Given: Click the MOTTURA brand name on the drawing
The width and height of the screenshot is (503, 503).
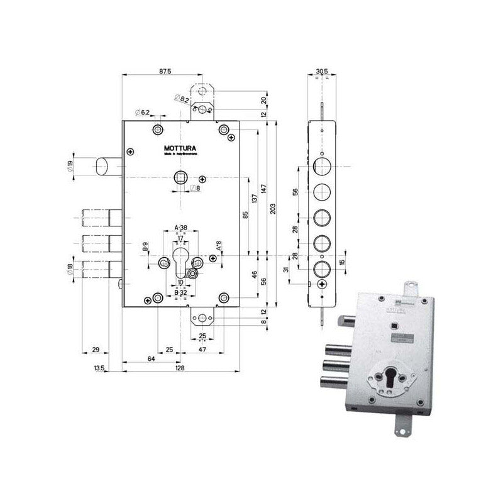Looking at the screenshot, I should coord(180,149).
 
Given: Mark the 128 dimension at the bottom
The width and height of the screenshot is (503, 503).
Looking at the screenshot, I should coord(180,368).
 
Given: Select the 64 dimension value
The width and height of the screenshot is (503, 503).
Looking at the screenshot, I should coord(151,358).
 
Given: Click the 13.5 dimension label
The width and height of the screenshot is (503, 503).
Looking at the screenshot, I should coord(99,368).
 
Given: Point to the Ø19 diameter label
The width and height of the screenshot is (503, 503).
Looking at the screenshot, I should coord(70,167).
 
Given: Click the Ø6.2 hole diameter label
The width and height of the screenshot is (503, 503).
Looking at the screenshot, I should coord(142,113).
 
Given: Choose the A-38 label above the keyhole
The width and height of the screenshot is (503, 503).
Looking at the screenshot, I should coord(180,228).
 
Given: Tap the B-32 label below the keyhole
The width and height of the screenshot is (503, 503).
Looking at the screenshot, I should coord(180,292).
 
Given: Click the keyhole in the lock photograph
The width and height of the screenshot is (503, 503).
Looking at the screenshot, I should coord(389,381).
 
